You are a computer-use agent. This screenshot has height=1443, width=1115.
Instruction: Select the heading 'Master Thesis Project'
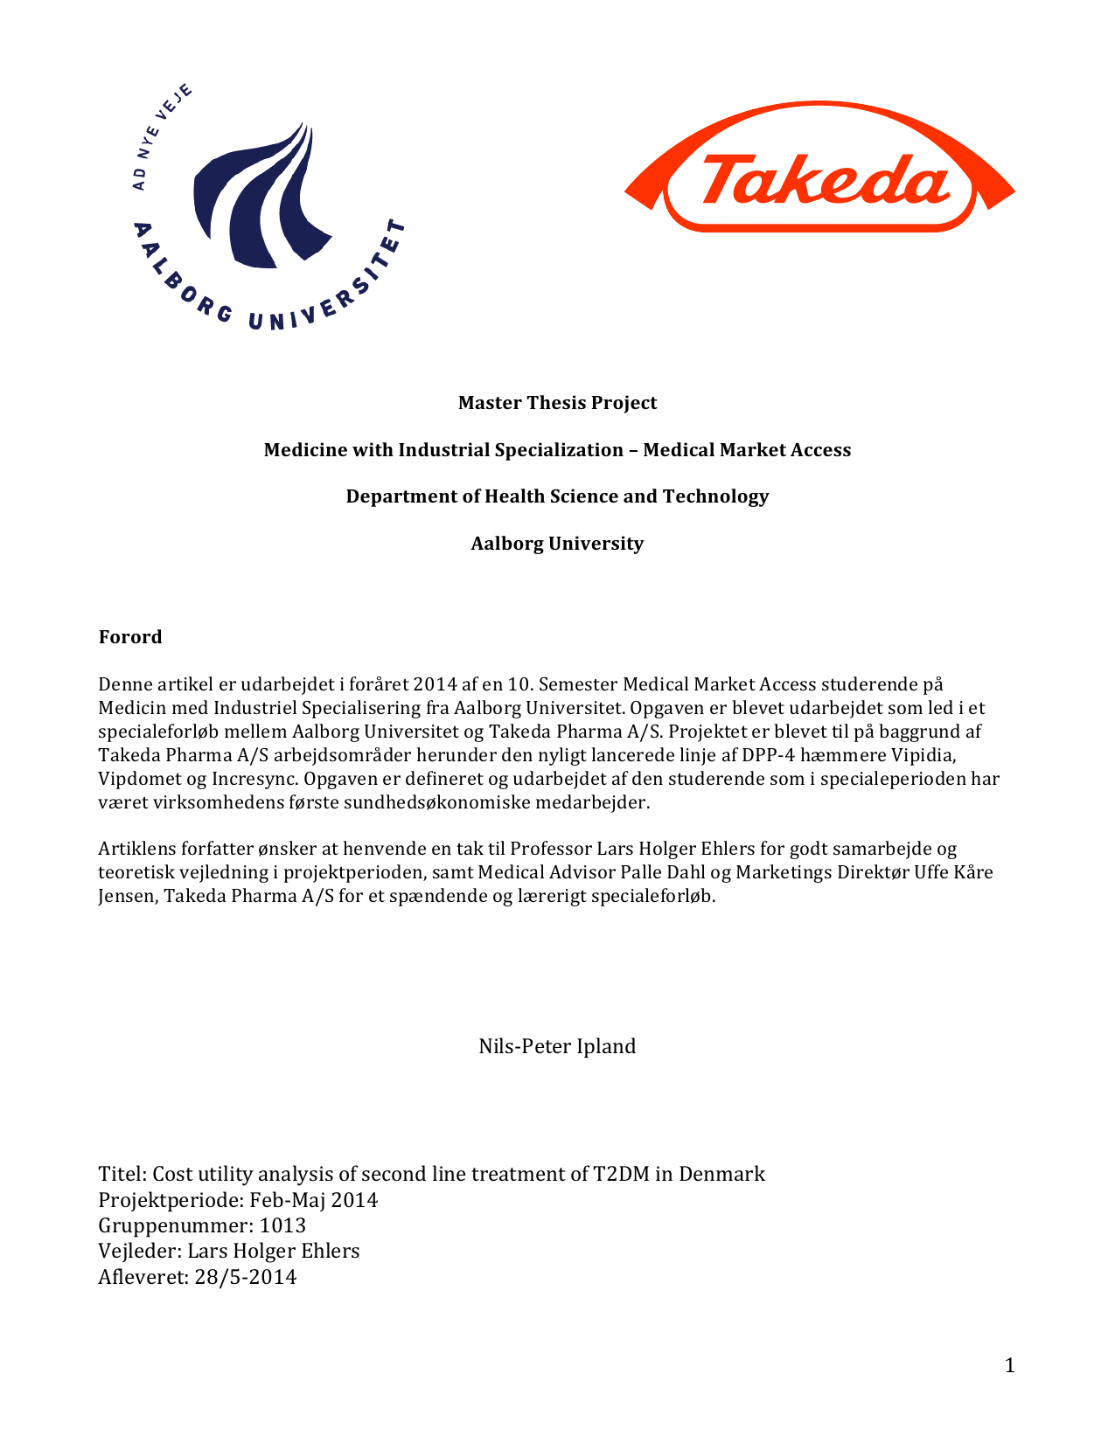[557, 403]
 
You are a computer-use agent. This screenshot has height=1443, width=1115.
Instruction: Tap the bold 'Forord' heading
[130, 637]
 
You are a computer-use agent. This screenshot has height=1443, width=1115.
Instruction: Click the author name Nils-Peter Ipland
[557, 1046]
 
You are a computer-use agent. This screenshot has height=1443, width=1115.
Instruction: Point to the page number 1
[1010, 1366]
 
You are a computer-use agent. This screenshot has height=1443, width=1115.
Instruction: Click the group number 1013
[282, 1225]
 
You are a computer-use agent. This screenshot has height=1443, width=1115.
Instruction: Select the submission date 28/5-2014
[246, 1277]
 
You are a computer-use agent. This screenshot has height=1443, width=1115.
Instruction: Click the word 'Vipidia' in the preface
[922, 755]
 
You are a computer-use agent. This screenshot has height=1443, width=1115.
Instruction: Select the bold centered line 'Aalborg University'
[557, 544]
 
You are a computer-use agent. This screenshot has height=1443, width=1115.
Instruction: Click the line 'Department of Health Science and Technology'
[557, 496]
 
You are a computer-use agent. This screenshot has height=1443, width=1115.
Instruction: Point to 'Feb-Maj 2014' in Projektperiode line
[314, 1200]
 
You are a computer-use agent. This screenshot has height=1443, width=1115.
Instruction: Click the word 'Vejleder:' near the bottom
[140, 1252]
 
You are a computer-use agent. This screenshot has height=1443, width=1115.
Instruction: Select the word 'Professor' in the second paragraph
[550, 849]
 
